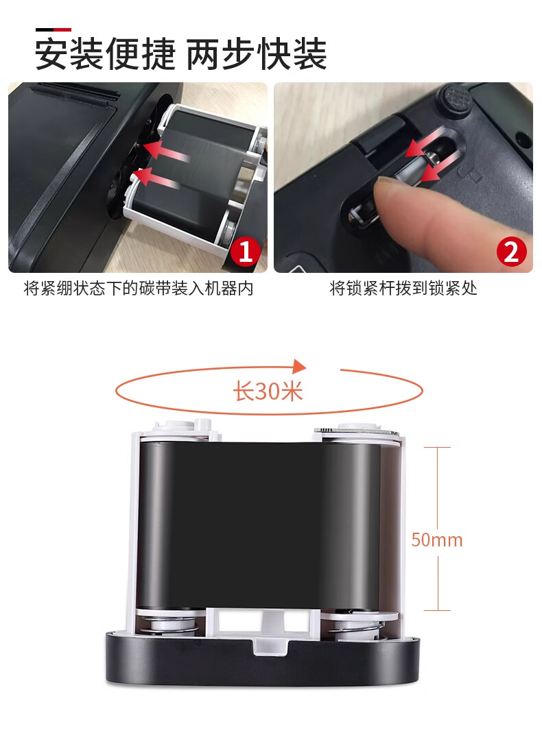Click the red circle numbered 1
(x=246, y=252)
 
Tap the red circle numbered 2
(x=511, y=252)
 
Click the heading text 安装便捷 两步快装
(x=180, y=54)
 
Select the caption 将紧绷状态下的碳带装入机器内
(x=139, y=288)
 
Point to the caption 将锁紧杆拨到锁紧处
(x=403, y=288)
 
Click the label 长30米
(x=268, y=391)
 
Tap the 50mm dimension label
(x=437, y=540)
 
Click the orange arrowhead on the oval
(x=299, y=366)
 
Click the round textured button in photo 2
(x=453, y=101)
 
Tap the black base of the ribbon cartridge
(x=262, y=661)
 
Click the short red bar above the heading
(x=62, y=29)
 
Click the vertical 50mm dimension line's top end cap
(x=438, y=448)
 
